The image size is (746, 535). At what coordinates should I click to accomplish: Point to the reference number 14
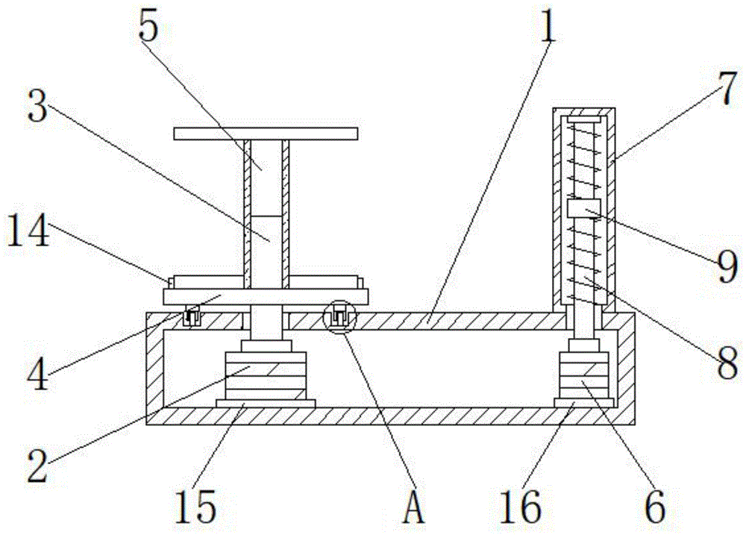coord(30,231)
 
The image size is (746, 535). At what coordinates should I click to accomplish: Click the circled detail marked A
coord(340,317)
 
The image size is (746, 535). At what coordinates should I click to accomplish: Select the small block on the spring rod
coord(584,209)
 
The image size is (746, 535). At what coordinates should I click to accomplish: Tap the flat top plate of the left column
coord(266,134)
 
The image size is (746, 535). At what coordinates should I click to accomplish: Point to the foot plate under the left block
coord(266,404)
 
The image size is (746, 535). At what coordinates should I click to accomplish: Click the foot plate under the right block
coord(584,403)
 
